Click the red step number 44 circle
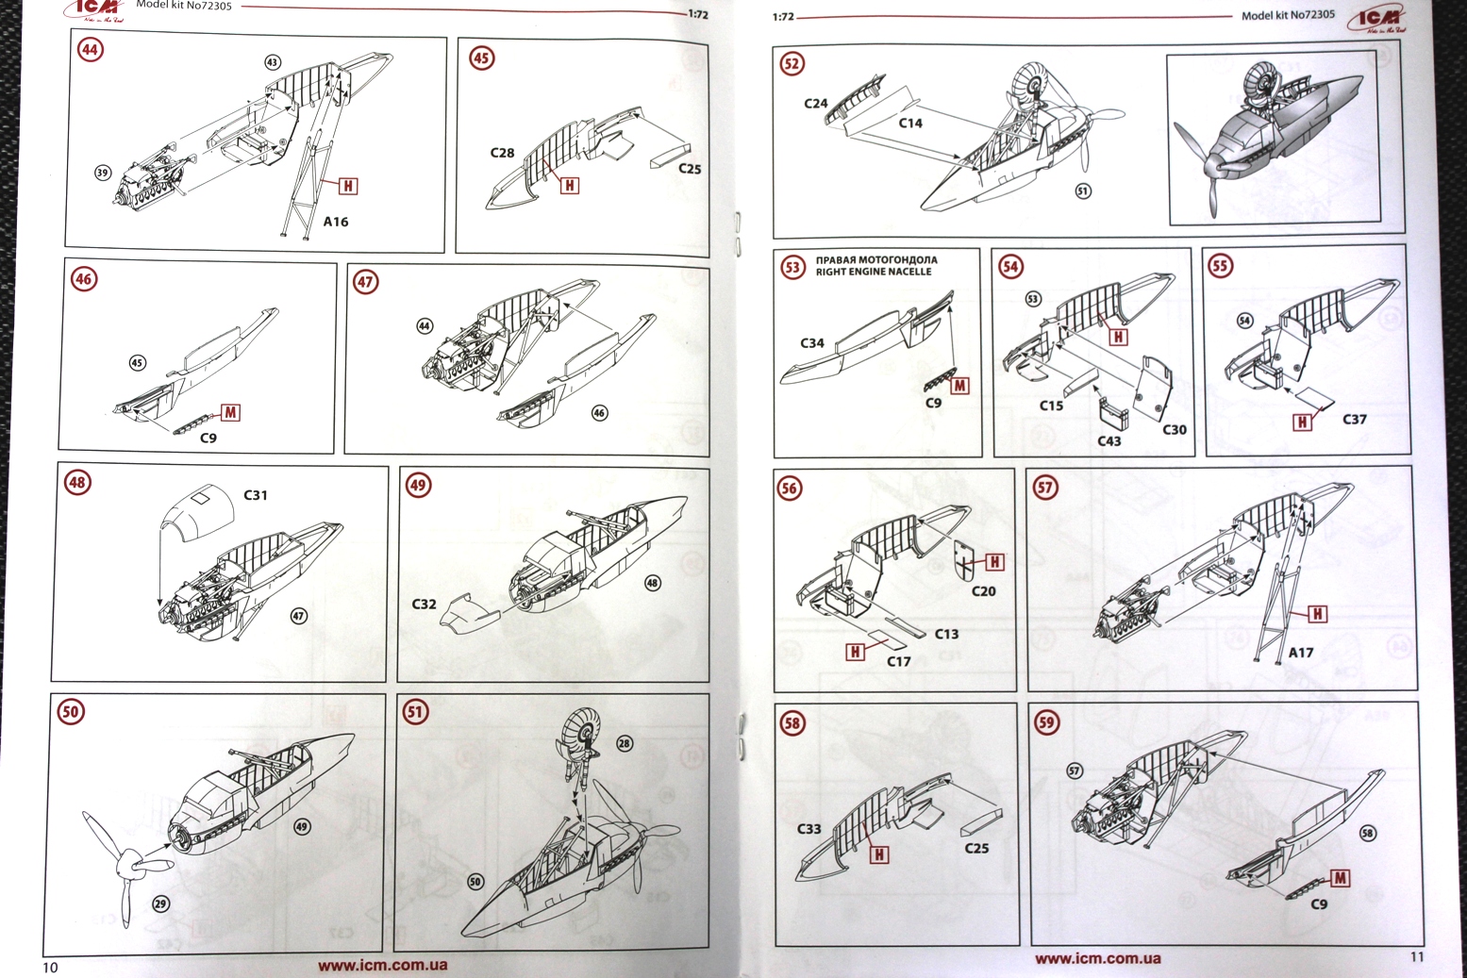click(91, 49)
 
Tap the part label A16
click(336, 222)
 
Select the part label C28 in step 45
click(502, 153)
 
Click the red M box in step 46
click(230, 412)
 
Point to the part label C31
click(256, 494)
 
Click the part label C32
click(424, 604)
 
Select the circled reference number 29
click(161, 903)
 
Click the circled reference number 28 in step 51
click(625, 743)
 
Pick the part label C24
click(816, 104)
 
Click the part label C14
click(910, 123)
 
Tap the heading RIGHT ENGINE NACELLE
click(874, 272)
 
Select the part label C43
click(1109, 440)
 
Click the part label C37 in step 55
click(1355, 419)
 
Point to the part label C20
click(984, 590)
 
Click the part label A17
click(1301, 652)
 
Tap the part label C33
click(809, 828)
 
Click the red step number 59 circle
click(1047, 722)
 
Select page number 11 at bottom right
click(1417, 956)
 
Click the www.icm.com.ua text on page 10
click(382, 965)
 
